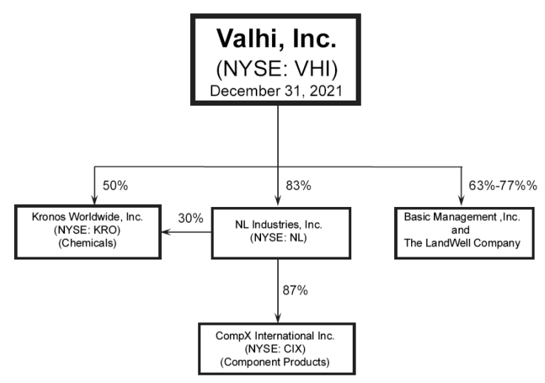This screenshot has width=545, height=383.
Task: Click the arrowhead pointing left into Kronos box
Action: pos(168,231)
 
